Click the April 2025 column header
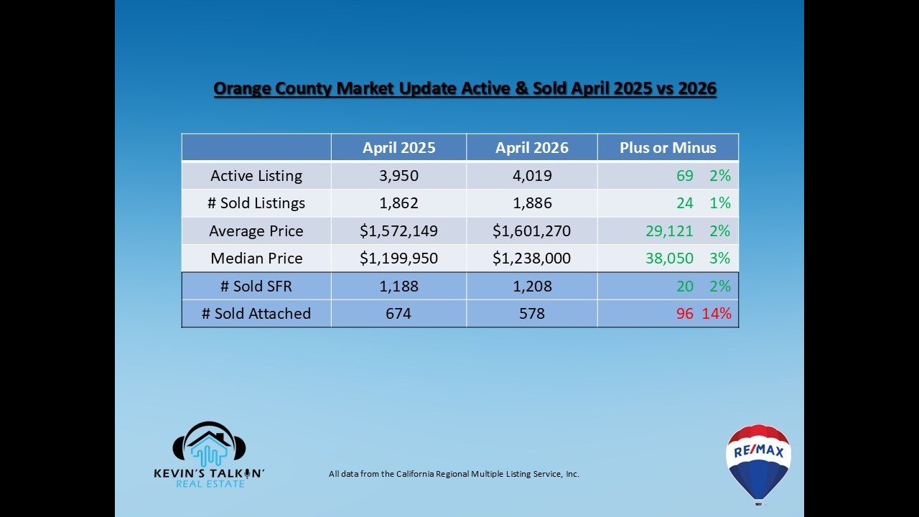click(x=398, y=148)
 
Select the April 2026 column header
click(x=532, y=148)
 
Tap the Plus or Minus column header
click(x=668, y=148)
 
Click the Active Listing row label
click(x=256, y=176)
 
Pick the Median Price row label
click(x=256, y=258)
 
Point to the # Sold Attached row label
click(x=256, y=314)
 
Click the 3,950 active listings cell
click(x=398, y=176)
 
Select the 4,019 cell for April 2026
click(x=532, y=176)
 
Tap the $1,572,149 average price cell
click(x=398, y=230)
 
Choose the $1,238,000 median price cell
click(x=532, y=258)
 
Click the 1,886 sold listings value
click(x=532, y=203)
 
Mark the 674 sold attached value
click(x=398, y=314)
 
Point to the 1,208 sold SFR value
click(x=532, y=286)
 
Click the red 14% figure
click(x=717, y=314)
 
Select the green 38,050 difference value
click(x=669, y=258)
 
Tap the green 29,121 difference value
click(x=669, y=230)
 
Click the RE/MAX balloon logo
click(x=758, y=465)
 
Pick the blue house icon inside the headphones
click(x=209, y=452)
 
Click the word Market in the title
click(x=365, y=88)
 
